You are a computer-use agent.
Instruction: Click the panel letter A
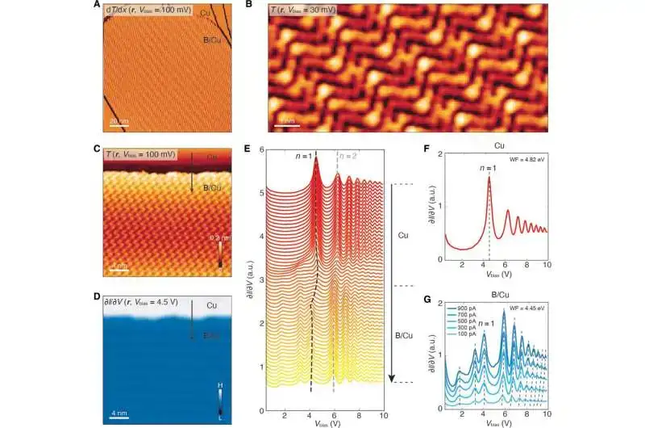pyautogui.click(x=97, y=6)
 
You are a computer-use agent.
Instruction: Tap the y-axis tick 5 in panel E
pyautogui.click(x=258, y=193)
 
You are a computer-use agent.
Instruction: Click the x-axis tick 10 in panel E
pyautogui.click(x=381, y=418)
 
